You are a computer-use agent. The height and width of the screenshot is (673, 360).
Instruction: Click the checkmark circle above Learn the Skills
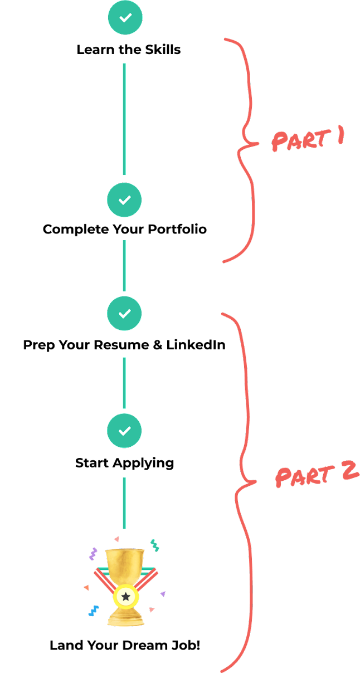(x=125, y=17)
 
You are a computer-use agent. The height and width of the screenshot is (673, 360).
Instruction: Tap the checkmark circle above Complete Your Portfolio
(x=124, y=199)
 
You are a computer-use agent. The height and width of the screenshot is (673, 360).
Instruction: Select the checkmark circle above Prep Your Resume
(x=124, y=313)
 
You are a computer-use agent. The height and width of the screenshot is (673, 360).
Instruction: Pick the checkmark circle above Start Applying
(x=124, y=431)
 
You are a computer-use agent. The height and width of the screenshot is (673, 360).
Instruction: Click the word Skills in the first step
(x=163, y=50)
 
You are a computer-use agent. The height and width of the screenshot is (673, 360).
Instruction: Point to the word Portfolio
(x=177, y=229)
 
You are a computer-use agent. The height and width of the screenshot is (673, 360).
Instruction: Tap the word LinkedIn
(x=196, y=345)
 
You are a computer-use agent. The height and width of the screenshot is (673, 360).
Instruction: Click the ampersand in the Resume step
(x=158, y=345)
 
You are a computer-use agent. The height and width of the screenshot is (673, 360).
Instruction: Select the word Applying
(x=143, y=464)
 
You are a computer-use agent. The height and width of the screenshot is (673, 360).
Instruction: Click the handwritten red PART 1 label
(x=308, y=139)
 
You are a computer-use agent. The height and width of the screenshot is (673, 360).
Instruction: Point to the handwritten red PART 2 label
(x=317, y=475)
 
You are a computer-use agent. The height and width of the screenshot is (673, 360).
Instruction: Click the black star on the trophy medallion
(x=126, y=596)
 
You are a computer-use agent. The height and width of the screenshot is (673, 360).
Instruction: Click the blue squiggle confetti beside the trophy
(x=94, y=611)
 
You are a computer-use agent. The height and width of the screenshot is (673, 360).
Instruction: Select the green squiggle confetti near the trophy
(x=154, y=545)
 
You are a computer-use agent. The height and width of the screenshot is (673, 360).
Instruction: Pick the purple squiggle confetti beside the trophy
(x=93, y=554)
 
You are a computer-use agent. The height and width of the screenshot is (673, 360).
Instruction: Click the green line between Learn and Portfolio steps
(x=124, y=119)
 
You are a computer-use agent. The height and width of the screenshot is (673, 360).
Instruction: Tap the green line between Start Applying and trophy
(x=124, y=503)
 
